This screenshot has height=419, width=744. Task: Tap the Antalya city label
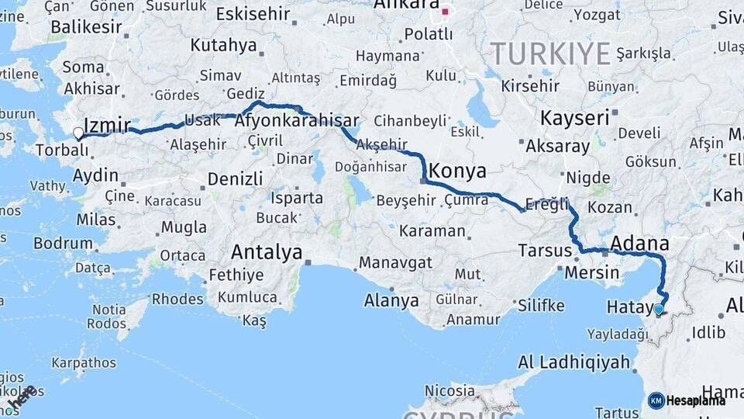click(x=267, y=252)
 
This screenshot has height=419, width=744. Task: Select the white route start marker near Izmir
click(x=78, y=133)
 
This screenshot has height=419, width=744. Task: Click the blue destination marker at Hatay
click(x=659, y=309)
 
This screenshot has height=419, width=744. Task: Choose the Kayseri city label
click(x=574, y=119)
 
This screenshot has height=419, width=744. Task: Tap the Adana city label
click(x=639, y=244)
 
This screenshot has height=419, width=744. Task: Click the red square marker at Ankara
click(x=445, y=12)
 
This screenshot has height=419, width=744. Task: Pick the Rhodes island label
click(x=177, y=299)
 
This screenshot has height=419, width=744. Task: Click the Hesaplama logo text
click(x=697, y=400)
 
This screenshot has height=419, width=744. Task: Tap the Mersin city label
click(x=591, y=272)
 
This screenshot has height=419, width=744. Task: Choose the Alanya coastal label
click(x=391, y=300)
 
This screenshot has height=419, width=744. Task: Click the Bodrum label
click(x=63, y=243)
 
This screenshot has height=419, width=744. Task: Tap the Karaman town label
click(x=432, y=231)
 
